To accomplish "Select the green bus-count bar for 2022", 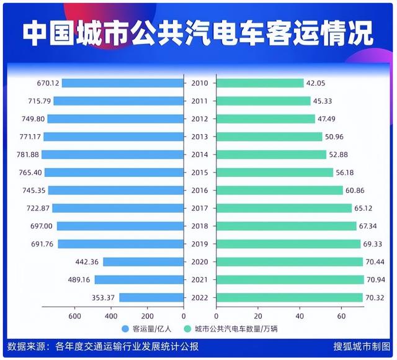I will point(289,298).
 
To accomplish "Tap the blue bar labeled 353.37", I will point(152,298).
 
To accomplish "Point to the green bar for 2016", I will point(279,191).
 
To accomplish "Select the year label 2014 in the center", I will point(200,155).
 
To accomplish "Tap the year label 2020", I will point(200,262).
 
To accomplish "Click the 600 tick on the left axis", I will point(74,317).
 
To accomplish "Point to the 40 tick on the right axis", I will point(299,317).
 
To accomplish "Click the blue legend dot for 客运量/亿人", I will point(125,329).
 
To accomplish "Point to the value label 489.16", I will point(79,280).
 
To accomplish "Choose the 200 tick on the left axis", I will point(148,317).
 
